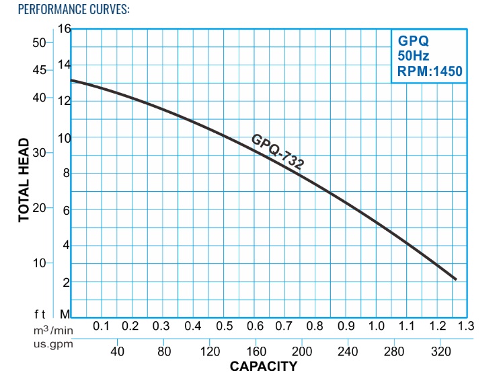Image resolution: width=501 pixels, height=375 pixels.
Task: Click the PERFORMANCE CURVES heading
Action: (65, 11)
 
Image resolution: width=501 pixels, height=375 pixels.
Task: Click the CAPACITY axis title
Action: (263, 366)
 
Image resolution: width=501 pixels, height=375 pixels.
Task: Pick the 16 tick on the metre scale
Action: (65, 29)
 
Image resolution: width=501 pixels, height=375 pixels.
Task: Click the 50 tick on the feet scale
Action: (39, 42)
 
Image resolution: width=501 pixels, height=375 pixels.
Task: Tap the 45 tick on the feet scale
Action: (39, 70)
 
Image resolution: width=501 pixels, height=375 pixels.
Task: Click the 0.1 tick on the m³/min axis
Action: (101, 326)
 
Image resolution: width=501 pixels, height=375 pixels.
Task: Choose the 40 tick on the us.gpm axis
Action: (117, 351)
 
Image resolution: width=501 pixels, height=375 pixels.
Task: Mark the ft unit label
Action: (40, 314)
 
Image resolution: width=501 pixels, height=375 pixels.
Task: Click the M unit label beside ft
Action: (65, 314)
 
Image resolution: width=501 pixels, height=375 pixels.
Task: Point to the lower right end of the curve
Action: (456, 279)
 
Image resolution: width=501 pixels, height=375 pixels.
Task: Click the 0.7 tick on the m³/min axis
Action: (283, 326)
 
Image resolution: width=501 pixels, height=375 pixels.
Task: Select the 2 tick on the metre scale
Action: (66, 283)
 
